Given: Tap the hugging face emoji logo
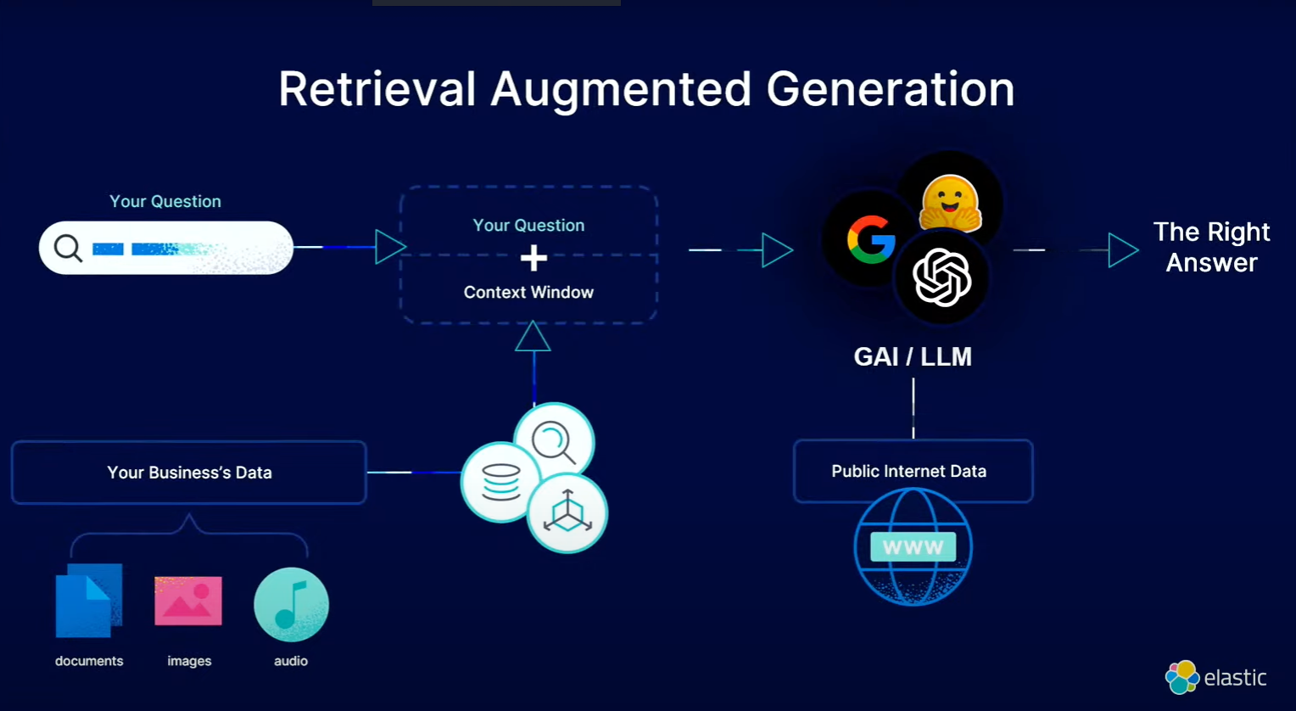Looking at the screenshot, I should click(950, 204).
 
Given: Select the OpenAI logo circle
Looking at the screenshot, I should click(941, 278).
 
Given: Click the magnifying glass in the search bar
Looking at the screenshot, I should click(68, 249).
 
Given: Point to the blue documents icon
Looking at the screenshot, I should click(88, 601).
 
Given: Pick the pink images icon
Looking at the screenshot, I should click(188, 601).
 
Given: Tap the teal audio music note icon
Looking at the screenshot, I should click(291, 604).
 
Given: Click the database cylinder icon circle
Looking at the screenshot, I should click(500, 482).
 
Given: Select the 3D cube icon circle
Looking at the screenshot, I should click(567, 512).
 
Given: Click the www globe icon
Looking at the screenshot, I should click(913, 547).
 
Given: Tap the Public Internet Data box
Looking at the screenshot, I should click(913, 471).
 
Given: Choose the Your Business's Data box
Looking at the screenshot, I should click(189, 473).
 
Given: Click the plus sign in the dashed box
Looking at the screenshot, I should click(533, 258).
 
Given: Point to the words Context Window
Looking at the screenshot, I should click(528, 292).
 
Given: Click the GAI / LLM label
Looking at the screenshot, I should click(913, 356).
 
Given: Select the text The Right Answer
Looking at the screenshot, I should click(1211, 247).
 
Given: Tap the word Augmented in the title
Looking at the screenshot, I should click(621, 89).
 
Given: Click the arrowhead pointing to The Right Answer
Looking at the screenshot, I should click(1122, 250).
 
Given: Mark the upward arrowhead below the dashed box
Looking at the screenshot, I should click(533, 337).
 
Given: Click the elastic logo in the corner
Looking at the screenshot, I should click(1216, 677).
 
